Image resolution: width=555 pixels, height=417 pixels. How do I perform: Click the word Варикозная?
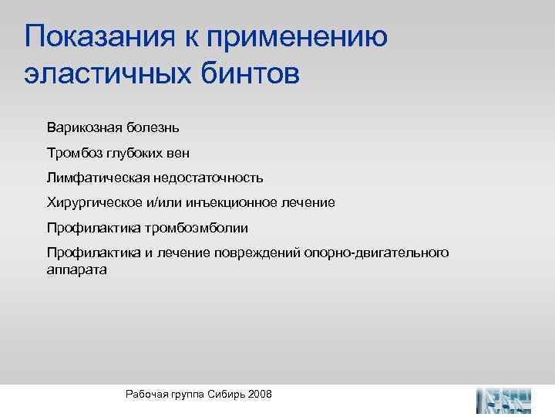[x=82, y=125]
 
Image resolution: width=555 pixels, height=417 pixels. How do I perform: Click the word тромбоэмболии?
[x=205, y=228]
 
